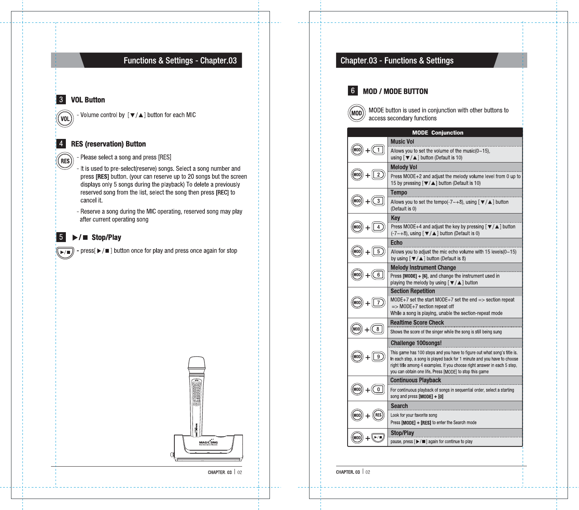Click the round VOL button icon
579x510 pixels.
pyautogui.click(x=65, y=119)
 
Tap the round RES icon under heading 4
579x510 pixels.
pyautogui.click(x=65, y=161)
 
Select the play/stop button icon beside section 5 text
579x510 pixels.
pyautogui.click(x=65, y=252)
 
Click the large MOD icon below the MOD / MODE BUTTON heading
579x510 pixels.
pyautogui.click(x=357, y=113)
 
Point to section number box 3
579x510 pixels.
pyautogui.click(x=61, y=100)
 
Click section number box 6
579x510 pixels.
pyautogui.click(x=353, y=91)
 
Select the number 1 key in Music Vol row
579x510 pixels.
pyautogui.click(x=378, y=150)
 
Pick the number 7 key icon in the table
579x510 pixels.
pyautogui.click(x=378, y=303)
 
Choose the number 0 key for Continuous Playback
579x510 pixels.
pyautogui.click(x=378, y=389)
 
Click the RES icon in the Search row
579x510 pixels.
pyautogui.click(x=378, y=415)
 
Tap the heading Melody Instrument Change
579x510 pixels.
pyautogui.click(x=423, y=268)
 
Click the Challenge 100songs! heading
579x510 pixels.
pyautogui.click(x=416, y=343)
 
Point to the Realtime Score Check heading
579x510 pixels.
pyautogui.click(x=417, y=323)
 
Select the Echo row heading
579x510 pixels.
pyautogui.click(x=396, y=243)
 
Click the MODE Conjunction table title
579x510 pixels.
pyautogui.click(x=438, y=133)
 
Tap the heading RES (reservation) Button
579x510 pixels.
pyautogui.click(x=108, y=144)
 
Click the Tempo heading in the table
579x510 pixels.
pyautogui.click(x=399, y=193)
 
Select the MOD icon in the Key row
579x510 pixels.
pyautogui.click(x=357, y=227)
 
